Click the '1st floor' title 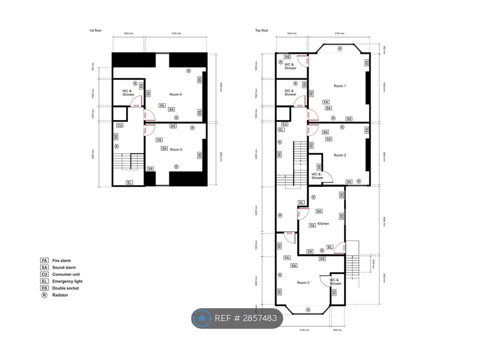pyautogui.click(x=95, y=30)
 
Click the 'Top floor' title pyautogui.click(x=261, y=30)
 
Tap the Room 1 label pyautogui.click(x=339, y=86)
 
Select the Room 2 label pyautogui.click(x=339, y=155)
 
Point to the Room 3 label pyautogui.click(x=303, y=282)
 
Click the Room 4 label pyautogui.click(x=175, y=94)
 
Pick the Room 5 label pyautogui.click(x=175, y=149)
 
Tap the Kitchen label pyautogui.click(x=323, y=223)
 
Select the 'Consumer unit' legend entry pyautogui.click(x=65, y=274)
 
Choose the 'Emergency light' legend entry pyautogui.click(x=67, y=281)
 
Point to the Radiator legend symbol pyautogui.click(x=44, y=295)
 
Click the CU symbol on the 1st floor pyautogui.click(x=119, y=125)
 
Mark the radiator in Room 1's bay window pyautogui.click(x=339, y=48)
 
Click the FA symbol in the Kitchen pyautogui.click(x=312, y=225)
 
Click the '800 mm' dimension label pyautogui.click(x=337, y=330)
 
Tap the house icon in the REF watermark pyautogui.click(x=202, y=318)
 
